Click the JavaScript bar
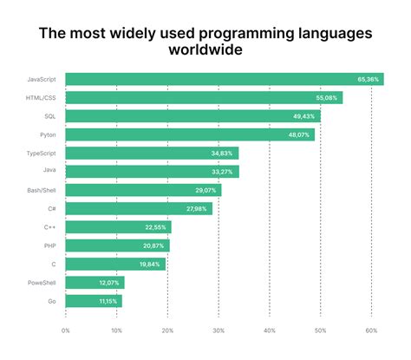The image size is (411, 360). click(224, 79)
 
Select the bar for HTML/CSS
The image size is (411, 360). click(204, 97)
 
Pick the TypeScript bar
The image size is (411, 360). click(152, 153)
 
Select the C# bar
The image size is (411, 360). click(139, 208)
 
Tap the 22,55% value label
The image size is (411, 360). click(156, 227)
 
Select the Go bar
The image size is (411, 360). click(94, 301)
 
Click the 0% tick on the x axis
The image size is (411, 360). click(66, 330)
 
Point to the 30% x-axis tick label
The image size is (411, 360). click(219, 330)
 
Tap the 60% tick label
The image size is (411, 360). click(371, 330)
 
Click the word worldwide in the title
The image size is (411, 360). click(205, 50)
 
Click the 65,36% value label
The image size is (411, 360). click(368, 79)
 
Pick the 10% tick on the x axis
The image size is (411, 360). click(116, 330)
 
